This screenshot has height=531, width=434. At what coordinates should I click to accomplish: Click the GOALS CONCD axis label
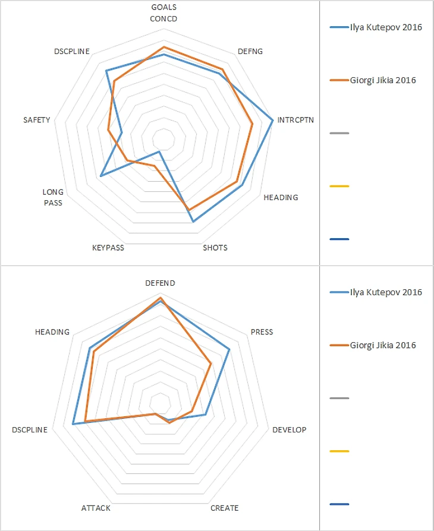[x=163, y=12]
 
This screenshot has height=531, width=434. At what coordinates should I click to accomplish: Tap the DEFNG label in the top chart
[x=250, y=52]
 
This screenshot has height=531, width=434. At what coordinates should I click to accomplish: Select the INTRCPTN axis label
[x=295, y=119]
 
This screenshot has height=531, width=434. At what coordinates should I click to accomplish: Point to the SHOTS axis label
[x=215, y=248]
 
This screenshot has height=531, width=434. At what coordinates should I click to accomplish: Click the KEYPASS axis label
[x=108, y=248]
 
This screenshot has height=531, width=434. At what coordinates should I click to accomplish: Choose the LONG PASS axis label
[x=52, y=197]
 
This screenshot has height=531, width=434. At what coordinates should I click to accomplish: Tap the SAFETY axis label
[x=37, y=120]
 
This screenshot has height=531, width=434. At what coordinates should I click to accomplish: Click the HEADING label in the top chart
[x=281, y=197]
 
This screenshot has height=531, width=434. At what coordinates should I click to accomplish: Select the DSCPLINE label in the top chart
[x=71, y=52]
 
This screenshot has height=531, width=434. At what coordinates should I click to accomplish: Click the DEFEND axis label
[x=161, y=283]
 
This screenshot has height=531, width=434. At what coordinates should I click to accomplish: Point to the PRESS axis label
[x=262, y=332]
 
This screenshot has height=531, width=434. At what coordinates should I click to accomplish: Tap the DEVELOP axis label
[x=289, y=429]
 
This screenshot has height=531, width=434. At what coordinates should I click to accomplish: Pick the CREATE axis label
[x=224, y=508]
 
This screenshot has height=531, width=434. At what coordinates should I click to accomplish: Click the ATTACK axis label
[x=96, y=508]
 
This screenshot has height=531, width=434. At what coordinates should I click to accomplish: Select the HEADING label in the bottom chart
[x=52, y=332]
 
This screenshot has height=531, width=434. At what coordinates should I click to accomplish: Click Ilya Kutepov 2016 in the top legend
[x=386, y=27]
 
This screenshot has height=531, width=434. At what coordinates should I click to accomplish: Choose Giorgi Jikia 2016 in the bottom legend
[x=383, y=345]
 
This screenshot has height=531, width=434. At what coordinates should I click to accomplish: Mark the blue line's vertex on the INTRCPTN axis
[x=273, y=121]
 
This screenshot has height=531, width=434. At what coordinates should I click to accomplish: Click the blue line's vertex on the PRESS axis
[x=229, y=349]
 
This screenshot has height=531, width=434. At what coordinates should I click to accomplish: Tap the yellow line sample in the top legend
[x=339, y=187]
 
